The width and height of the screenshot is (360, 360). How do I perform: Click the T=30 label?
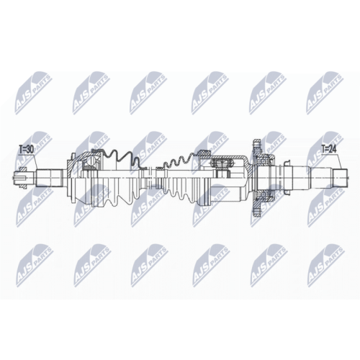(26, 150)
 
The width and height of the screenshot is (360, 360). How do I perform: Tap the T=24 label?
(329, 149)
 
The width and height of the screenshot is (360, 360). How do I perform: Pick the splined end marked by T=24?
(340, 178)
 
